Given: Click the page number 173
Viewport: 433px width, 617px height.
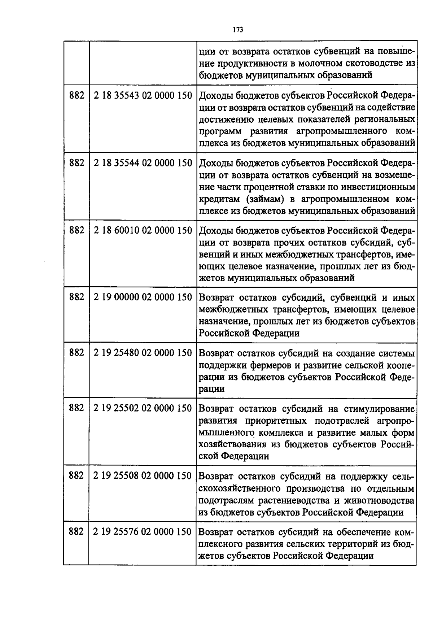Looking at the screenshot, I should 237,30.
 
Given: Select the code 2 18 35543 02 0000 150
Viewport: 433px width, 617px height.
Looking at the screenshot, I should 143,96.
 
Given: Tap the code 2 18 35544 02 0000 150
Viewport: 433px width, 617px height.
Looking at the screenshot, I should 143,163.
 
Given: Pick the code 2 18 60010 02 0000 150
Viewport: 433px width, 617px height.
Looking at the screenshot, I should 143,230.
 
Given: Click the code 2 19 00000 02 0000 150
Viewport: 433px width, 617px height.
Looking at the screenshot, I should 143,297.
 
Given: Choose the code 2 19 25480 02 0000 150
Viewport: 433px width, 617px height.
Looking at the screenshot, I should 143,353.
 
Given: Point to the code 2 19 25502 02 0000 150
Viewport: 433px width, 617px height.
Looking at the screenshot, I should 143,408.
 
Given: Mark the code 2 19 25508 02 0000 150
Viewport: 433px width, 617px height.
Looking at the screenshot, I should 143,476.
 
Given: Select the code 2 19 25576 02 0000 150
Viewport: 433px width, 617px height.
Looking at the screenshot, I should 143,532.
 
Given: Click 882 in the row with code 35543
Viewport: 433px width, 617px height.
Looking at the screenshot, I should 76,96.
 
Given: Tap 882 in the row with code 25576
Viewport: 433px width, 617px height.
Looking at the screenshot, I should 76,532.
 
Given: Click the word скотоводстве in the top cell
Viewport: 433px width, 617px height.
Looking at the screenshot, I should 370,64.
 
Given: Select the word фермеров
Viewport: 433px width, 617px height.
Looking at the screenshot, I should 267,365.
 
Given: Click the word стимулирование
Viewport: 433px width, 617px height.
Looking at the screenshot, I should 379,409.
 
